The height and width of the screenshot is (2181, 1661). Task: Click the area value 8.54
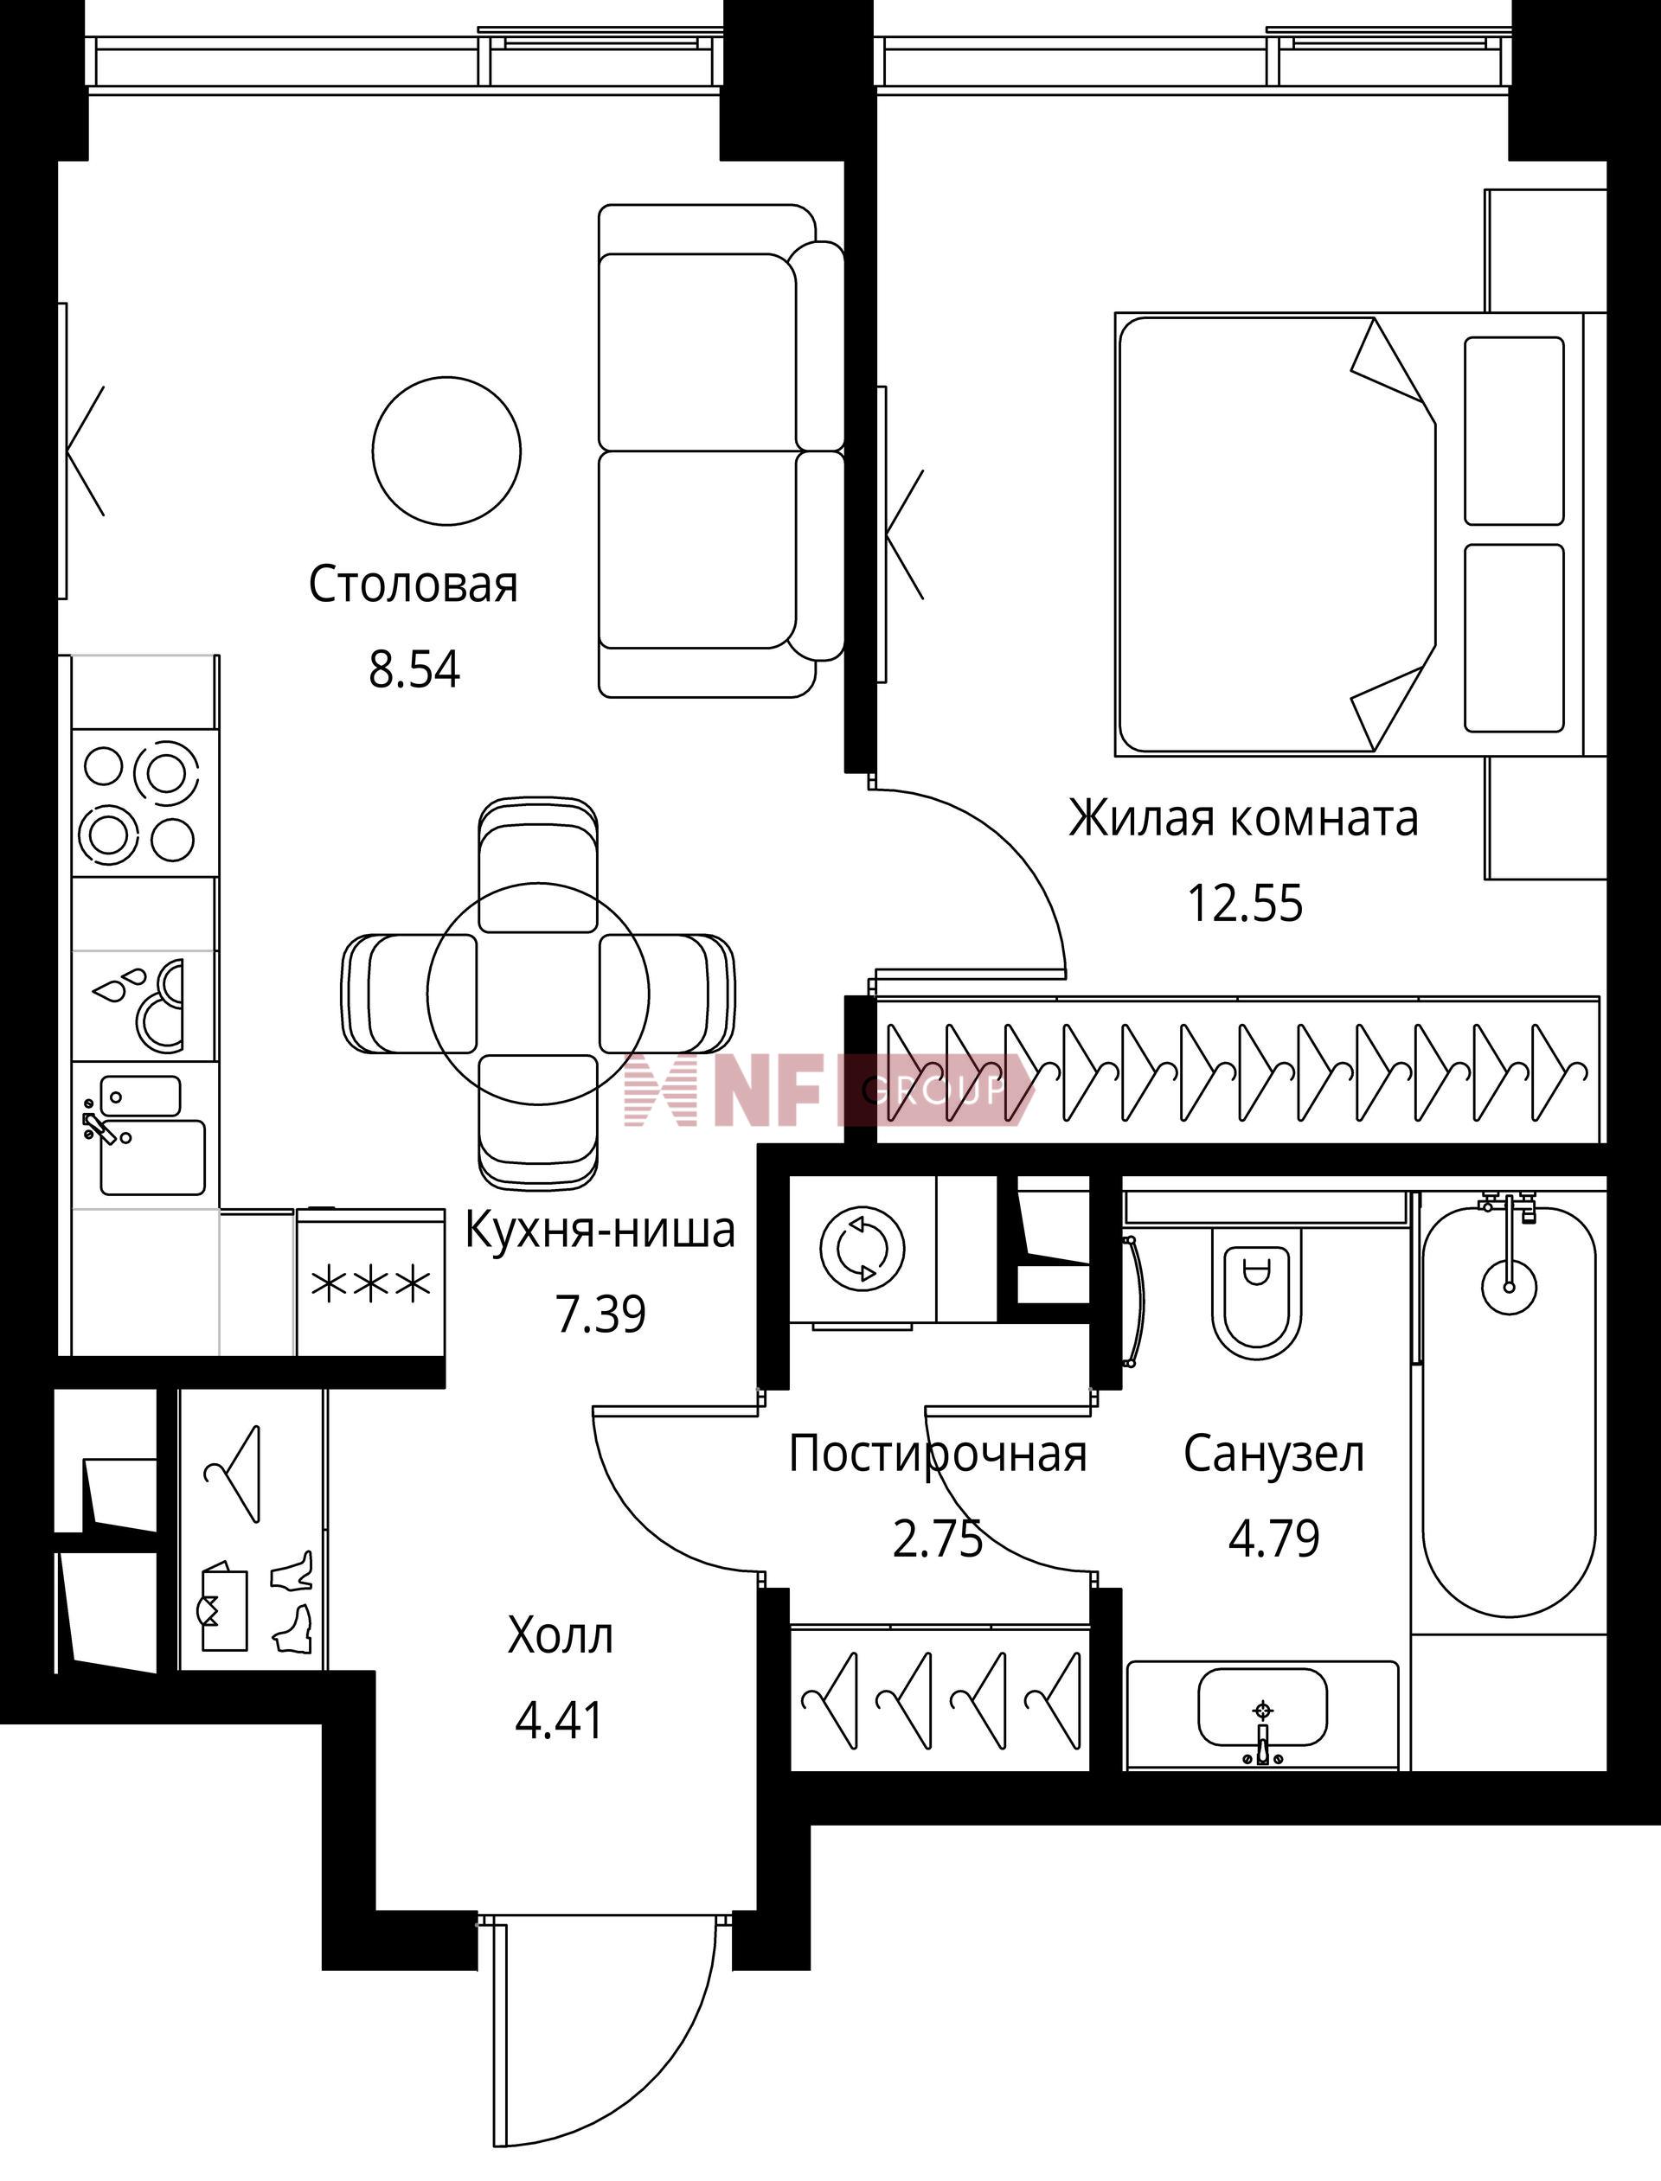[414, 670]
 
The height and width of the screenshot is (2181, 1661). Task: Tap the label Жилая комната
[1244, 818]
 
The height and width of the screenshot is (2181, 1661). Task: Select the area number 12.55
[1245, 903]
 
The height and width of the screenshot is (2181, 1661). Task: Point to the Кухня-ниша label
[600, 1231]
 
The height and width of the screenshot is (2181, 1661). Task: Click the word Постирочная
[937, 1454]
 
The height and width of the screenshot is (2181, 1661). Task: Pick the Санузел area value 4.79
[1273, 1538]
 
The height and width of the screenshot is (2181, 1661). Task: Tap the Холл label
[560, 1635]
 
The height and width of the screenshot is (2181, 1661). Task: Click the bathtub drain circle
[1509, 1287]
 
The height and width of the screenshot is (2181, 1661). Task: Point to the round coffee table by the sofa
[447, 451]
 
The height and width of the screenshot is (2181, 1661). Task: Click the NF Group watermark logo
[829, 1090]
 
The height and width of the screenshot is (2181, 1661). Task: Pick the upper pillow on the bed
[1514, 431]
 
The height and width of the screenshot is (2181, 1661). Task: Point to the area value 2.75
[937, 1538]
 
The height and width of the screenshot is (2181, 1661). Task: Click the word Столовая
[414, 585]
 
